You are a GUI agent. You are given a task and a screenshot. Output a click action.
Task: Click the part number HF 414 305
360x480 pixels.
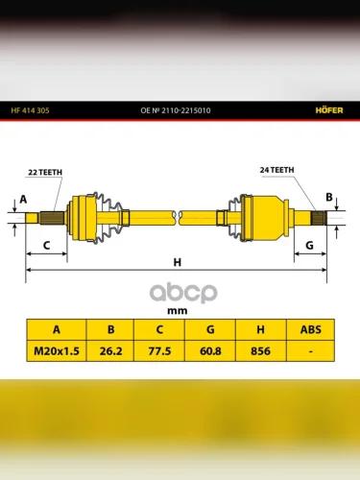click(x=30, y=110)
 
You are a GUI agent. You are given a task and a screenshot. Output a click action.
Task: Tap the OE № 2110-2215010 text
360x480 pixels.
click(x=176, y=110)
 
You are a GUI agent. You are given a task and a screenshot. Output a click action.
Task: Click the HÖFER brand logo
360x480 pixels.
click(x=329, y=110)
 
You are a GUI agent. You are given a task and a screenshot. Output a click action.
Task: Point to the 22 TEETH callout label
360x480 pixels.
click(x=45, y=172)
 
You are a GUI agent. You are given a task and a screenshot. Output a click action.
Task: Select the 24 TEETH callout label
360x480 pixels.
click(x=276, y=170)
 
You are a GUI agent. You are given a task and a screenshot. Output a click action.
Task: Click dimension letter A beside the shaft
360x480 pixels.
click(x=23, y=200)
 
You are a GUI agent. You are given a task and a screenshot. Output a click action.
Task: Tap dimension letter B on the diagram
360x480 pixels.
click(x=329, y=197)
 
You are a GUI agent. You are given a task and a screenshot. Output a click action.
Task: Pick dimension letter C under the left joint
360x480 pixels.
click(x=46, y=246)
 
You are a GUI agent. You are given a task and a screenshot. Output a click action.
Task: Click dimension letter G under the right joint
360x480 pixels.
click(x=309, y=246)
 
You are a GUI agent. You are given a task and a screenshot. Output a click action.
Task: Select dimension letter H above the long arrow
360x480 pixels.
click(x=178, y=262)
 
